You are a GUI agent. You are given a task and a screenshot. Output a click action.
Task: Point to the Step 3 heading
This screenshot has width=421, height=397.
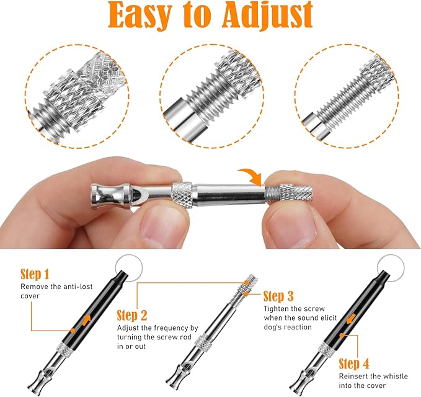point(282,296)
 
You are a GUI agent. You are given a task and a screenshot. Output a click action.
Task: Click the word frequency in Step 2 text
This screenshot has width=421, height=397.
point(173,327)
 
